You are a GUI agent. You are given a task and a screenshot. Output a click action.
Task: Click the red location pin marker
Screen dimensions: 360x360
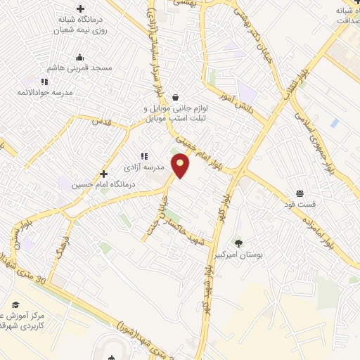tap(181, 165)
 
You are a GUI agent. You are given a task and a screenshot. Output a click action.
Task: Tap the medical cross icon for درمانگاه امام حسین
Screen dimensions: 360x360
tap(103, 174)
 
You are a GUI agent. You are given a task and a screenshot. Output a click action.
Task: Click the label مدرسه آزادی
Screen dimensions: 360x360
tap(164, 167)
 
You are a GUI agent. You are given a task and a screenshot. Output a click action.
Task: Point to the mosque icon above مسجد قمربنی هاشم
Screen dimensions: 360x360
tap(79, 58)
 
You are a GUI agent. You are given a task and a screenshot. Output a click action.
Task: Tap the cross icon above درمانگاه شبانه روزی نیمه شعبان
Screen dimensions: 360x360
tap(80, 10)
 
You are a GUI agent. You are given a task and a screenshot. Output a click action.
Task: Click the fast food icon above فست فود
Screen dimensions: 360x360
tap(300, 193)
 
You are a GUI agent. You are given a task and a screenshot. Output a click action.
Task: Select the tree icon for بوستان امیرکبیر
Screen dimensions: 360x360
tap(238, 244)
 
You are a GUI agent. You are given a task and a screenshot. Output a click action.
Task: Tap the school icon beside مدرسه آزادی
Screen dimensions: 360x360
tap(144, 156)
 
